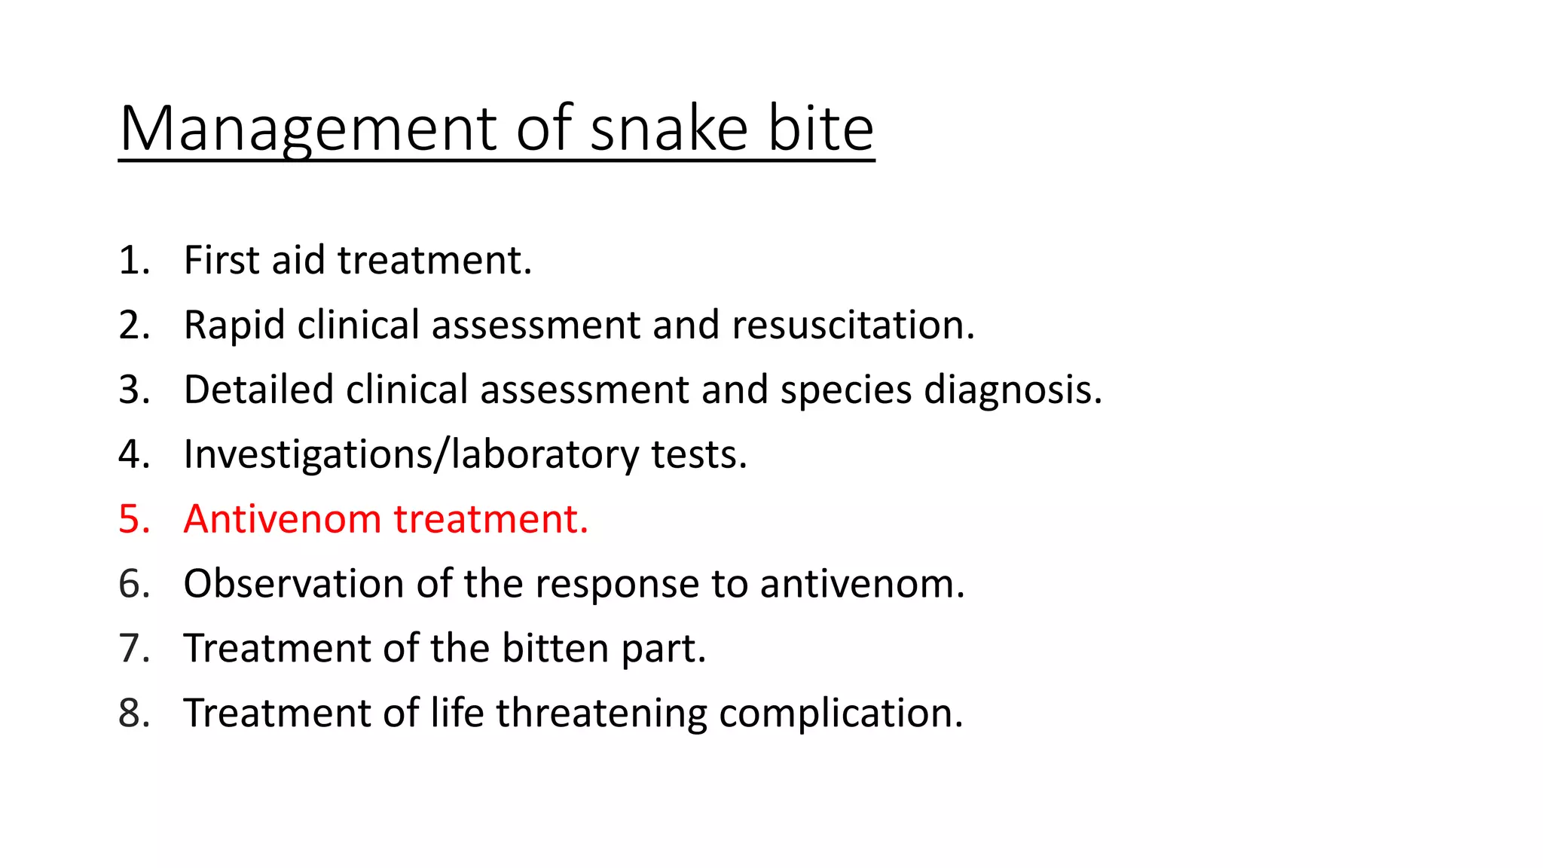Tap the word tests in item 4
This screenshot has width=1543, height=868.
pos(698,454)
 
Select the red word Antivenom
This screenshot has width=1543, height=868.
pos(283,519)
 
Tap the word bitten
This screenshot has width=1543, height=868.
pos(555,649)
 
